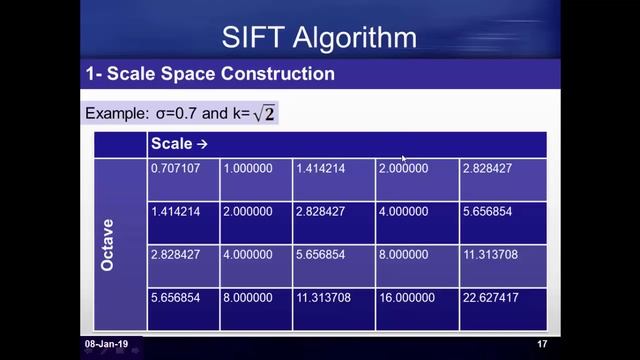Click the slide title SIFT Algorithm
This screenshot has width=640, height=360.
point(319,38)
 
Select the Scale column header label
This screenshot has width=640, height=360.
point(172,144)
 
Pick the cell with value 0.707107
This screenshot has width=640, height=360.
point(175,168)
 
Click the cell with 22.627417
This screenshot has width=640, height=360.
point(489,297)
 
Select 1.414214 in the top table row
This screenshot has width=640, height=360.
point(321,168)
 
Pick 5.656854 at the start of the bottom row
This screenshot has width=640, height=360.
point(175,297)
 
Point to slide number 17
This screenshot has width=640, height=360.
point(541,344)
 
